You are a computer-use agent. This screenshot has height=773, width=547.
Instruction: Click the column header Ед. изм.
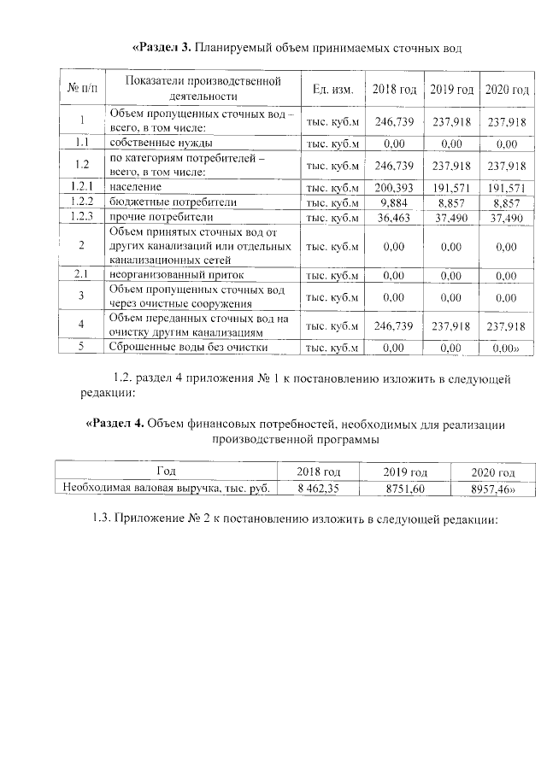point(334,89)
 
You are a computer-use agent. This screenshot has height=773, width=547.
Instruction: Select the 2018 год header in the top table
point(394,89)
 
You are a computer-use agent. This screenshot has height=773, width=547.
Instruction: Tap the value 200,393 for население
point(394,186)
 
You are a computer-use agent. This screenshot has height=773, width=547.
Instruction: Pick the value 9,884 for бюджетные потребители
point(394,202)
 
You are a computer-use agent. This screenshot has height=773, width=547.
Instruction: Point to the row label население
point(134,186)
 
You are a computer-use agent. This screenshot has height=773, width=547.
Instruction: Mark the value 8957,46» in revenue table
point(492,489)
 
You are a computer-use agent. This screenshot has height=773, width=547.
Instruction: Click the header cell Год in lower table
point(167,471)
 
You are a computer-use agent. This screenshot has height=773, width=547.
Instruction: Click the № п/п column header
point(81,89)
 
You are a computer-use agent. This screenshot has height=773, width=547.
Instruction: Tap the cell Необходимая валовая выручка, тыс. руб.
point(167,489)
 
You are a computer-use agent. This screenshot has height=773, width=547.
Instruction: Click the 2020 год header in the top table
point(506,89)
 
